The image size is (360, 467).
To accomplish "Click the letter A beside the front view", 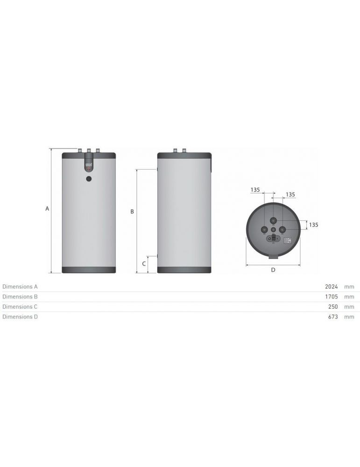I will (x=47, y=209).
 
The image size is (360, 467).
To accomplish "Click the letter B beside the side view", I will (x=132, y=212).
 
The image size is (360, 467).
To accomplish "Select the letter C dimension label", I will (x=144, y=263).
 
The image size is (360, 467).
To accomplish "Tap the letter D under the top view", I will (x=273, y=269).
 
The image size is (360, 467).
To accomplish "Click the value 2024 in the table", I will (x=331, y=287).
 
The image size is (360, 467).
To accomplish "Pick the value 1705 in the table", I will (x=331, y=297).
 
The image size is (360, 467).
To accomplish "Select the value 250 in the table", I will (x=332, y=307).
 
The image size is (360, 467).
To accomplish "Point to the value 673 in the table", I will (x=332, y=317).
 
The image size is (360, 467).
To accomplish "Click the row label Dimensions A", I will (x=20, y=287).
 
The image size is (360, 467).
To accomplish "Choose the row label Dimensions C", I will (x=20, y=307).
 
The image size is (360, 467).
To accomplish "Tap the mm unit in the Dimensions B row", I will (x=349, y=297).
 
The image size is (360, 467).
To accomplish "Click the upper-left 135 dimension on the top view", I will (x=255, y=190).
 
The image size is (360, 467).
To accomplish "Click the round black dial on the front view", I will (x=89, y=178).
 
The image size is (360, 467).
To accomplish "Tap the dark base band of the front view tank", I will (x=89, y=270).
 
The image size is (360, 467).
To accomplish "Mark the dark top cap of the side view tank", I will (x=184, y=156).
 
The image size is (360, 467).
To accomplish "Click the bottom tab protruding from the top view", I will (x=273, y=256).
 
